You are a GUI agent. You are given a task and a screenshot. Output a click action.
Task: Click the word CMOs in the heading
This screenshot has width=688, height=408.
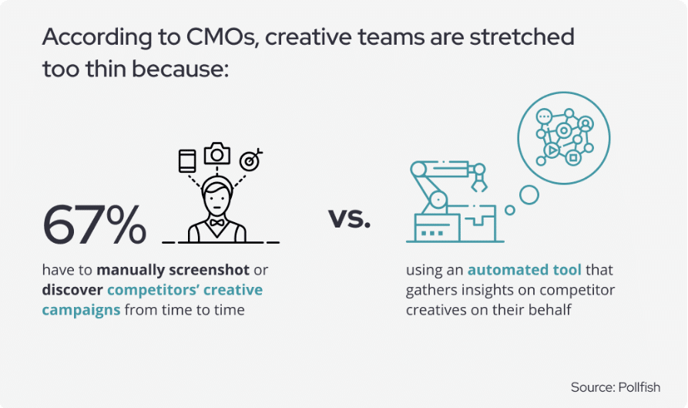pyautogui.click(x=220, y=37)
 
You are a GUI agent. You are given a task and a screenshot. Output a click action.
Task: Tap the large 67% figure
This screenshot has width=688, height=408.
pyautogui.click(x=94, y=224)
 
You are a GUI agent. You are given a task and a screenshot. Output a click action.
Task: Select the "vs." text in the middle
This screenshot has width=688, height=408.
pyautogui.click(x=349, y=217)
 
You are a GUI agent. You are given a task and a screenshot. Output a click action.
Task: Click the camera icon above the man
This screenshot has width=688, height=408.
pyautogui.click(x=216, y=153)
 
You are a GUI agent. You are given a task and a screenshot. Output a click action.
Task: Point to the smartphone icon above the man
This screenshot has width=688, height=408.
pyautogui.click(x=187, y=161)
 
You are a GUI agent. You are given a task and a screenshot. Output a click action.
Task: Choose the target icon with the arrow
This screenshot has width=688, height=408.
pyautogui.click(x=250, y=160)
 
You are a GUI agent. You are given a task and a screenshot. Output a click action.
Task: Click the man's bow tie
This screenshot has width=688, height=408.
pyautogui.click(x=216, y=223)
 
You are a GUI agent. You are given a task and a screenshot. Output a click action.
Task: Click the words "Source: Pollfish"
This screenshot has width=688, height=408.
pyautogui.click(x=615, y=387)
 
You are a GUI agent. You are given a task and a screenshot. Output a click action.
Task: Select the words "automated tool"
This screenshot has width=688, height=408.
pyautogui.click(x=525, y=269)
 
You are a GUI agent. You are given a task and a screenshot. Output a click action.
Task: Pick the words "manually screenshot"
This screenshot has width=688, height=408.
pyautogui.click(x=173, y=270)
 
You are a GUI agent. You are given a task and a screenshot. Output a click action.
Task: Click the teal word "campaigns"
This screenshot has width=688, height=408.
pyautogui.click(x=81, y=310)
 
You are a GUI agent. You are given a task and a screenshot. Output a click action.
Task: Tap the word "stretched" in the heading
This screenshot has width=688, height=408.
pyautogui.click(x=522, y=37)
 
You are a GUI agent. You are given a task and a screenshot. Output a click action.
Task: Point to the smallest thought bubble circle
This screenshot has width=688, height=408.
pyautogui.click(x=509, y=210)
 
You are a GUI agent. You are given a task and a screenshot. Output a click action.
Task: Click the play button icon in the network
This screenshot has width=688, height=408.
pyautogui.click(x=552, y=150)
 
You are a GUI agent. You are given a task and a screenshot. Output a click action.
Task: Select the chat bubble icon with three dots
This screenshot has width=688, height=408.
pyautogui.click(x=544, y=116)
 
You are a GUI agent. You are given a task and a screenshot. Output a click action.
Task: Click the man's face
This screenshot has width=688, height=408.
pyautogui.click(x=216, y=200)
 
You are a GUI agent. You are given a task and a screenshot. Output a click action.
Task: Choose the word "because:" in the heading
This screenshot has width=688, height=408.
pyautogui.click(x=180, y=69)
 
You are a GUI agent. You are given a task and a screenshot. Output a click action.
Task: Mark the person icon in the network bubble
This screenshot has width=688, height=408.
pyautogui.click(x=586, y=125)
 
